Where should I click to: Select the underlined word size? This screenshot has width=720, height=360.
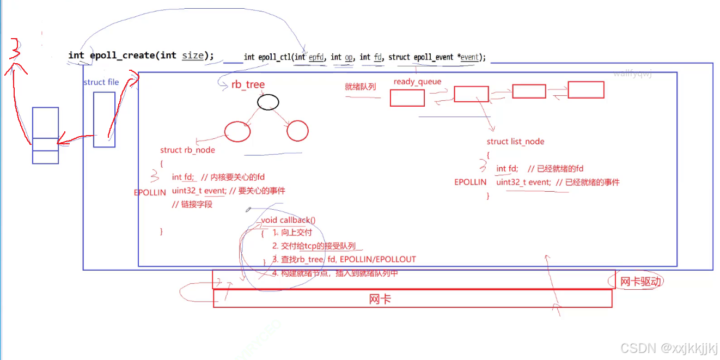(x=193, y=56)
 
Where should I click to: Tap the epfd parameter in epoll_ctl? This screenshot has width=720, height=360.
(x=316, y=57)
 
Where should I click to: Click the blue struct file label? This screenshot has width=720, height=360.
(x=101, y=82)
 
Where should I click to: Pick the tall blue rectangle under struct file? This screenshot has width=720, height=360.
(x=104, y=119)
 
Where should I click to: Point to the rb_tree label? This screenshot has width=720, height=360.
(x=248, y=84)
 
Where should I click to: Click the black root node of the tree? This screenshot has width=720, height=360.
(x=268, y=102)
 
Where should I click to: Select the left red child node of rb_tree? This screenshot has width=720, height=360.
(x=237, y=131)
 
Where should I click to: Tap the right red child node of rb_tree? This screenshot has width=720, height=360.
(x=297, y=131)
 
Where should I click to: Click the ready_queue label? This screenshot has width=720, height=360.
(x=417, y=82)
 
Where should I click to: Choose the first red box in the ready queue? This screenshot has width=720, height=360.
(x=407, y=98)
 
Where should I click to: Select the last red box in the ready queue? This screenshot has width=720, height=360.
(x=586, y=90)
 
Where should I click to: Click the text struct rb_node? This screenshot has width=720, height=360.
(x=187, y=150)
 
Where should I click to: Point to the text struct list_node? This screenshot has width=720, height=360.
(x=515, y=142)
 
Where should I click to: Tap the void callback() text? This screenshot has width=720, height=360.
(x=288, y=220)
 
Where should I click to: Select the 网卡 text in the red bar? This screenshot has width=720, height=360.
(x=380, y=299)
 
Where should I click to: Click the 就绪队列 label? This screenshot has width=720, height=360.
(x=361, y=87)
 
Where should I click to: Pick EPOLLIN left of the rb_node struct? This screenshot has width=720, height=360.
(x=150, y=193)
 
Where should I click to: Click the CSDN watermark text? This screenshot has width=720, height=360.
(x=669, y=348)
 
